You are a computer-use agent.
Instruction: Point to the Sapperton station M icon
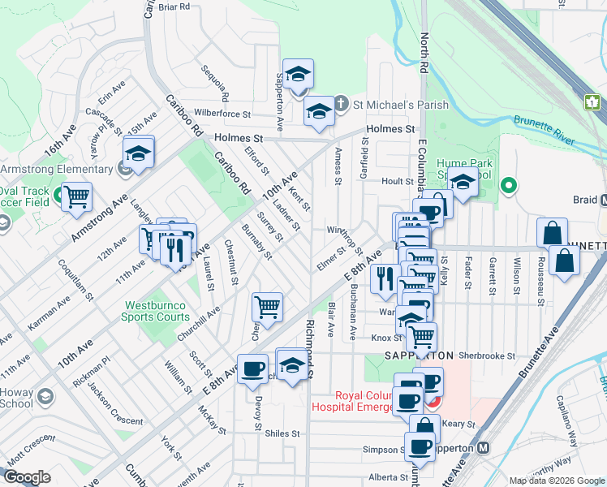coord(484,447)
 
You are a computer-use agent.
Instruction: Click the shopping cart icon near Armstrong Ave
coord(76,197)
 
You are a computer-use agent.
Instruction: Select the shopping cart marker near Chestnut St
coord(267,307)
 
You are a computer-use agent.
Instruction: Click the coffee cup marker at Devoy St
coord(252,368)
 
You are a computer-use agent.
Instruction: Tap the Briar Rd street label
coord(174,6)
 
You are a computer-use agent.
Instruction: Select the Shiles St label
coord(283,433)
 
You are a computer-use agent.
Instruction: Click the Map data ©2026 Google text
coord(556,481)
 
